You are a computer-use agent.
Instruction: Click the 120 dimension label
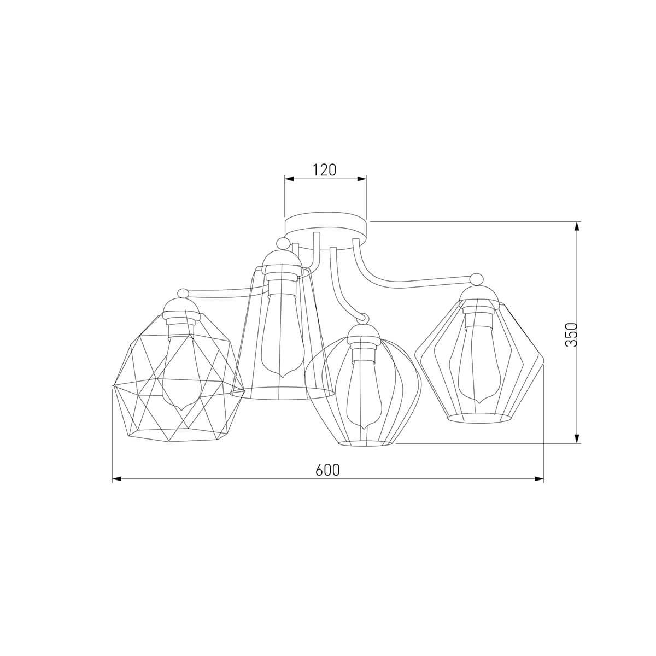coord(324,169)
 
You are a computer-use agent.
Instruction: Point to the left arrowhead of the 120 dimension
coord(289,179)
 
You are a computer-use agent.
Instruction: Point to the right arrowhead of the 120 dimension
coord(361,179)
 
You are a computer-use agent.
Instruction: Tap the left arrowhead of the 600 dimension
coord(117,479)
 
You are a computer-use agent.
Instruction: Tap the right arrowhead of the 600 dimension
coord(538,479)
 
